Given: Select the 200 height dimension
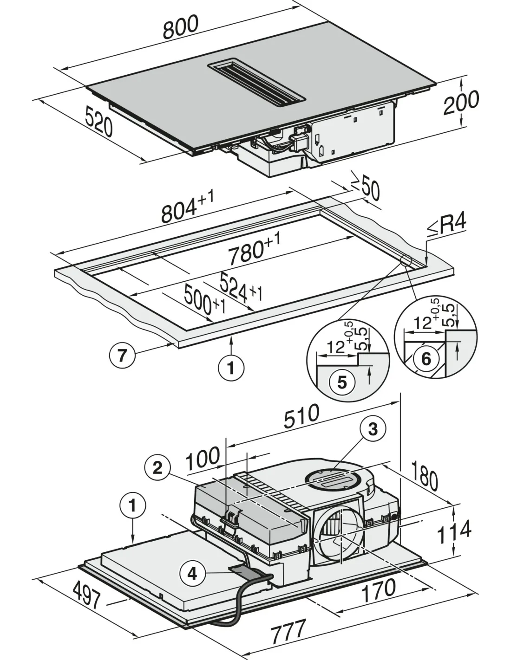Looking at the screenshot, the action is tap(461, 103).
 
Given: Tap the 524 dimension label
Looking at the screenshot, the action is tap(240, 287).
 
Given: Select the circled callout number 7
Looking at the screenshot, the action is tap(122, 356).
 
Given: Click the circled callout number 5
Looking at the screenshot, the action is tap(342, 382).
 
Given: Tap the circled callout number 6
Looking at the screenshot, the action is tap(426, 359).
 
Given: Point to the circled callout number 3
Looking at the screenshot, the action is tap(373, 429).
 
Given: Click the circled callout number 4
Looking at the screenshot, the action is tap(192, 574).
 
